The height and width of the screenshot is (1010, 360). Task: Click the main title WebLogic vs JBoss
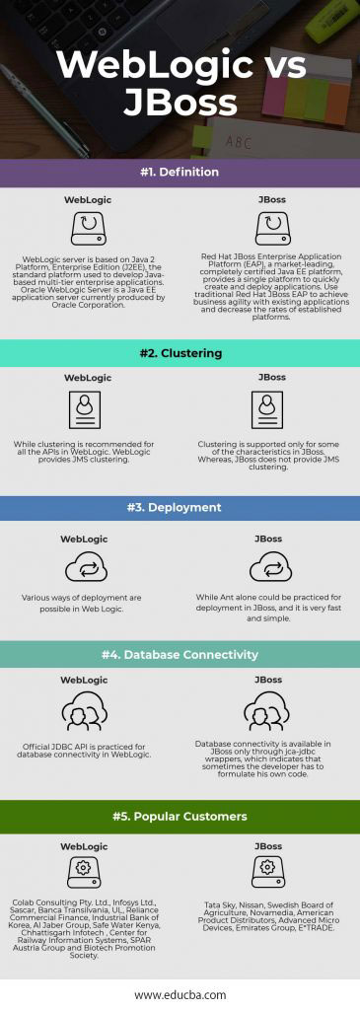pos(180,84)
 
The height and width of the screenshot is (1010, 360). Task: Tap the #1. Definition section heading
pos(180,173)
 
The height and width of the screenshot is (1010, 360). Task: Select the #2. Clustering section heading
pos(180,353)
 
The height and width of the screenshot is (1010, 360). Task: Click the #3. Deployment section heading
pos(180,509)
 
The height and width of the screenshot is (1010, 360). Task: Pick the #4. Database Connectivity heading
pos(180,654)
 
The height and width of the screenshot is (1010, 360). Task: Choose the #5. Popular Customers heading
pos(180,816)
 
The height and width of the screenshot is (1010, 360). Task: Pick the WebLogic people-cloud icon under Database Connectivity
pos(87,712)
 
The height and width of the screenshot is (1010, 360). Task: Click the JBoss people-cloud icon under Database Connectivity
pos(271,712)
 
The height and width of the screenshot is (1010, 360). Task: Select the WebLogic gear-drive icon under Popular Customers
pos(87,871)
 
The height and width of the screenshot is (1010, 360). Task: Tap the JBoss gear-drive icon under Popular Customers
pos(271,871)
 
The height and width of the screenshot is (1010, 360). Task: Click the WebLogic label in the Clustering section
pos(87,377)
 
